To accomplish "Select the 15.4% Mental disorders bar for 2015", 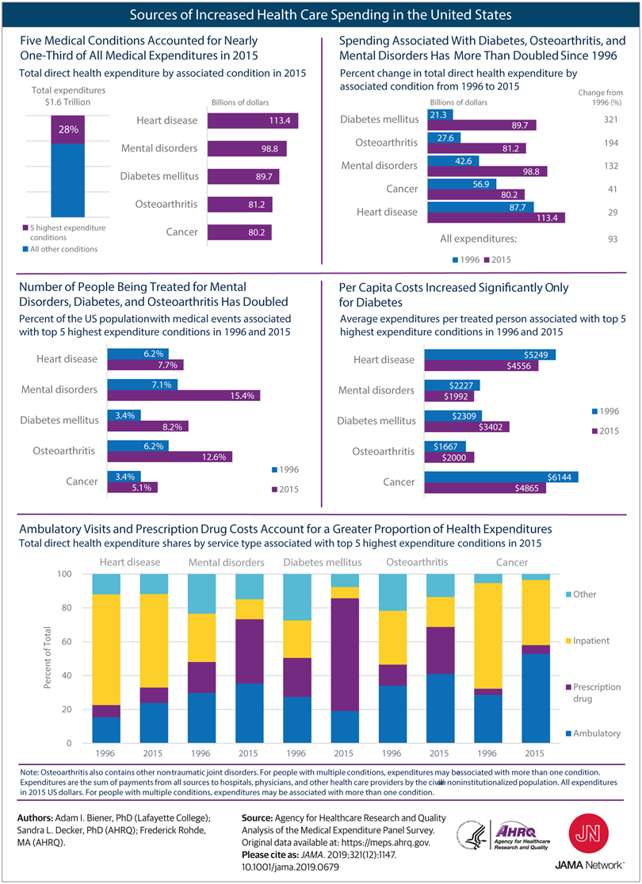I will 184,395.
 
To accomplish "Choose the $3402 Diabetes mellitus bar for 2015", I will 467,427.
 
